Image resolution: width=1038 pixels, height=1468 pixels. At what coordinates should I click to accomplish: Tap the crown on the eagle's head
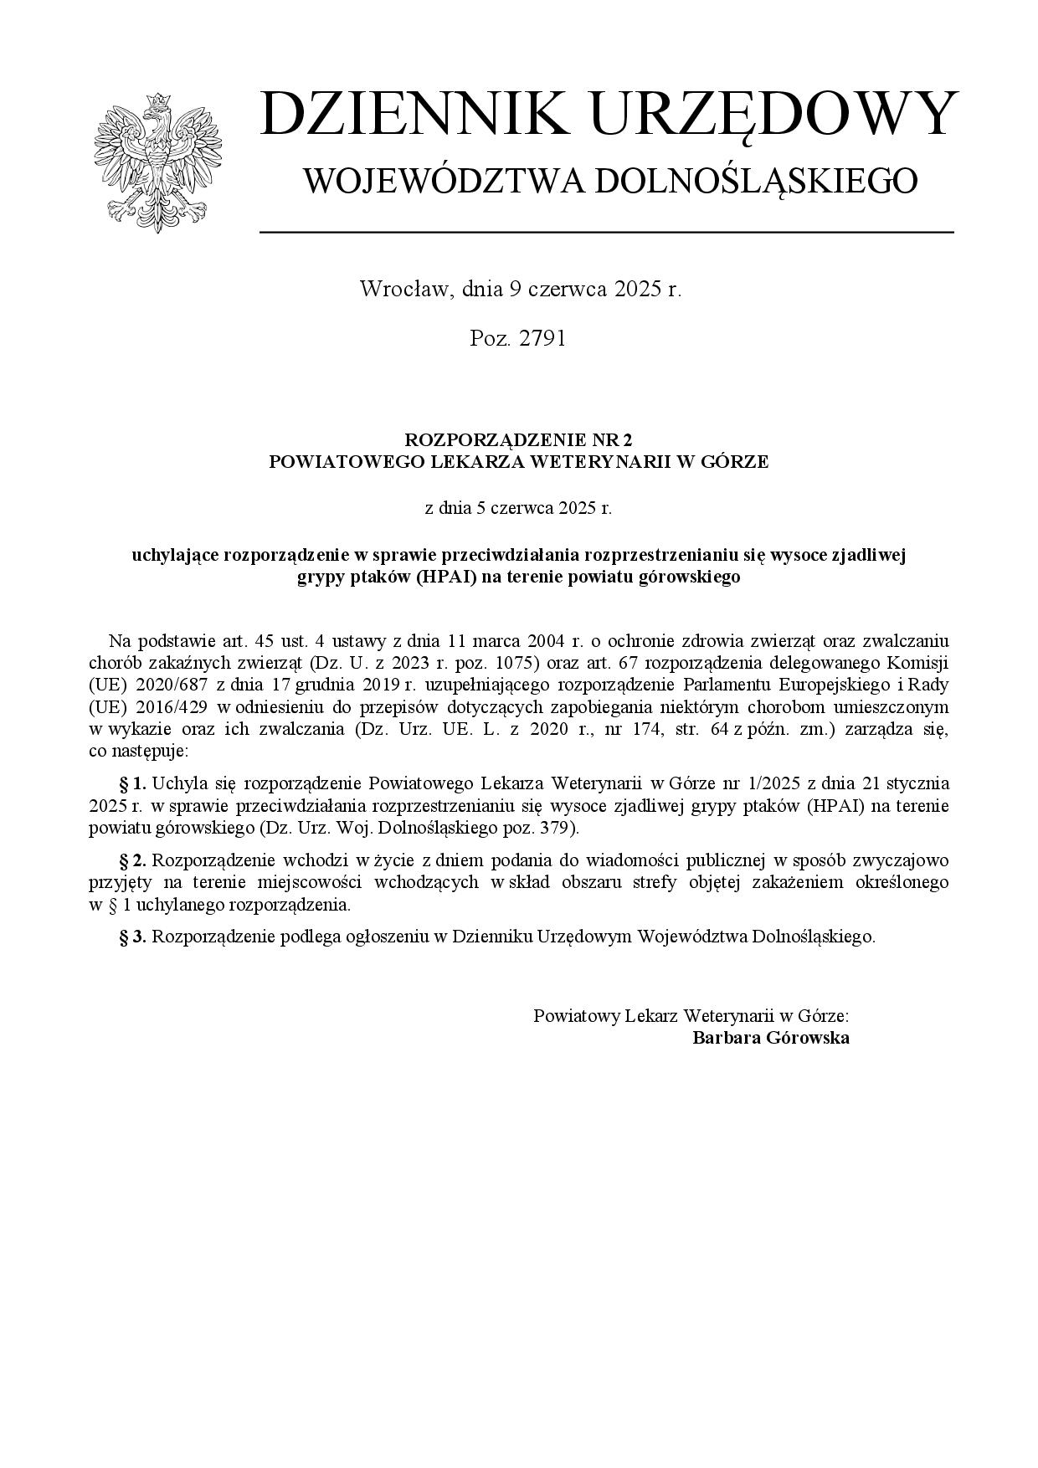tap(157, 101)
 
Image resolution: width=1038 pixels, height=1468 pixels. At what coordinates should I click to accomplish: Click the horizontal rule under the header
tap(606, 232)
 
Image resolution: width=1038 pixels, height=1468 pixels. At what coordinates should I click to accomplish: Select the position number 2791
tap(542, 338)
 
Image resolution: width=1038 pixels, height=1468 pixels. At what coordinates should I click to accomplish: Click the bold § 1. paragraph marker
tap(133, 784)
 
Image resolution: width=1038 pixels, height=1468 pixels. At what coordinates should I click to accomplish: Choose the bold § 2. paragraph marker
tap(133, 860)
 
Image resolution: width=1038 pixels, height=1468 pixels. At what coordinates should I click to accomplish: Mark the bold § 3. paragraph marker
tap(133, 937)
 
